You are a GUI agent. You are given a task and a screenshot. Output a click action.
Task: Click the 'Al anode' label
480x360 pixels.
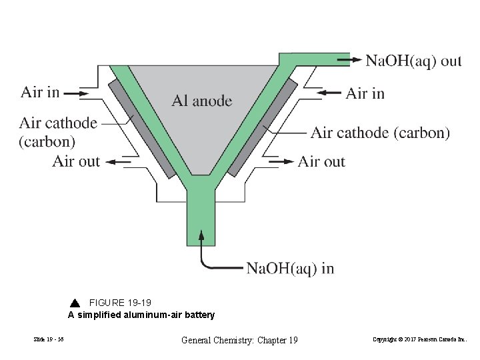(x=202, y=101)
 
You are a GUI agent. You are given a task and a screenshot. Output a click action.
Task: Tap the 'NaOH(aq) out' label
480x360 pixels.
(x=413, y=61)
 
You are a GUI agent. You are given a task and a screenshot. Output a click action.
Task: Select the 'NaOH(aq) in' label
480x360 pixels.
(x=290, y=269)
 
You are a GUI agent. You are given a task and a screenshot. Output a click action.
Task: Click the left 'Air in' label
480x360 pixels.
(x=40, y=92)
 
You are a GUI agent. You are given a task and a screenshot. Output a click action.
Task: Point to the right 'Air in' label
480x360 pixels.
(x=365, y=93)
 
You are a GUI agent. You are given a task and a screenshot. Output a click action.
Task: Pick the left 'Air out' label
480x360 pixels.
(x=76, y=161)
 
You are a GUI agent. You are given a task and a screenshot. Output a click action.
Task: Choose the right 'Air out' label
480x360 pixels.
(x=321, y=161)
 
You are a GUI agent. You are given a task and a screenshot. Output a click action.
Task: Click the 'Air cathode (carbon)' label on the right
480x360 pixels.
(x=380, y=133)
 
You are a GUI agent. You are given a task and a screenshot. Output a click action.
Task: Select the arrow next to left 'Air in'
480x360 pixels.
(x=81, y=93)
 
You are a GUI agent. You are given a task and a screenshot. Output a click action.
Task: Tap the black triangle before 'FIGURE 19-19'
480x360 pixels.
(x=75, y=303)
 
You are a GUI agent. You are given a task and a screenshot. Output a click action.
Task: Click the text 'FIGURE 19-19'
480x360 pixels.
(x=120, y=303)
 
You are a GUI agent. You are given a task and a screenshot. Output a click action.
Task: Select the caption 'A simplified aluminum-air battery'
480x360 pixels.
(x=141, y=315)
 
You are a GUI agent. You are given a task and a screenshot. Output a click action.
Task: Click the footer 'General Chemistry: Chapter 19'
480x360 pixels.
(x=239, y=341)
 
